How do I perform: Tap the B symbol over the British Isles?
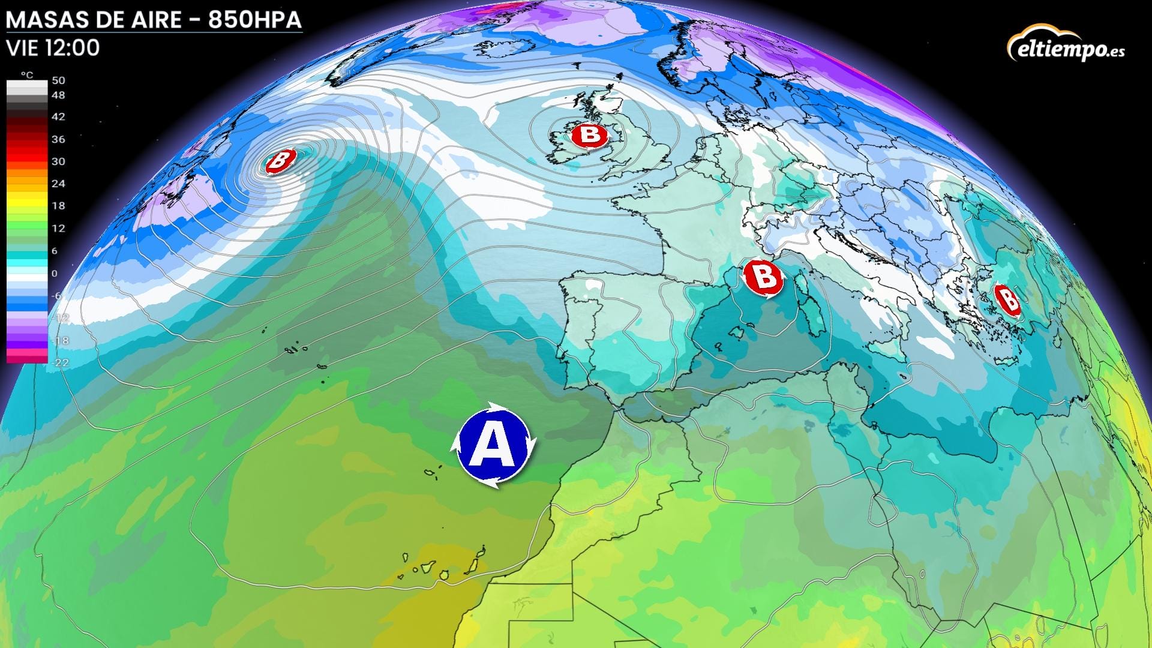coord(589,134)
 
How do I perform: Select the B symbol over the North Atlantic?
coord(280,160)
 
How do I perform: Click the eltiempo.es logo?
coord(1066,44)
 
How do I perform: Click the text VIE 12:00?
coord(53,48)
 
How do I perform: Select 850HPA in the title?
coord(255,20)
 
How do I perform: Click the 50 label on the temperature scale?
coord(58,80)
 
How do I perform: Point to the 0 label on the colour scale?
coord(55,274)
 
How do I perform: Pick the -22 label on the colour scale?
coord(61,362)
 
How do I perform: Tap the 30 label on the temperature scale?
coord(58,161)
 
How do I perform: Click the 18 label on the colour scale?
coord(58,206)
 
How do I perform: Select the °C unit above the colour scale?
coord(27,75)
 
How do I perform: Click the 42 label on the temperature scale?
coord(58,117)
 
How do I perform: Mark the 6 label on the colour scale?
coord(55,251)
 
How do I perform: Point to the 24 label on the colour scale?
coord(58,184)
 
